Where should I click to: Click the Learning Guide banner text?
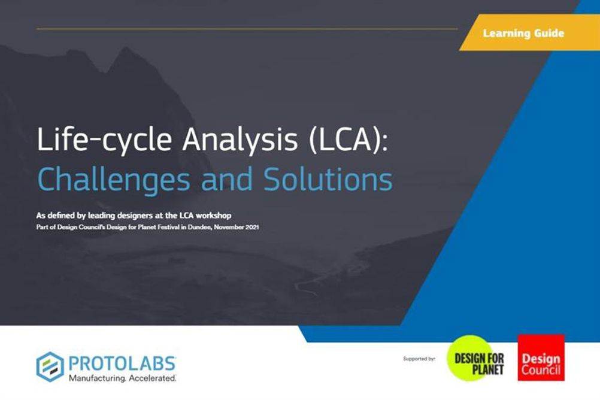click(523, 34)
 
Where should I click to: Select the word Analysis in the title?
click(240, 140)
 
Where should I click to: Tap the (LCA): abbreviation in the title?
click(348, 140)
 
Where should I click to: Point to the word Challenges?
click(114, 180)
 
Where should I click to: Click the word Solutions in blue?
click(328, 179)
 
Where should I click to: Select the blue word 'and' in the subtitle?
click(226, 179)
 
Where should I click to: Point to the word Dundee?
click(200, 227)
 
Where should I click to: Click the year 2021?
click(251, 227)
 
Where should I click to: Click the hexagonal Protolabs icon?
click(50, 366)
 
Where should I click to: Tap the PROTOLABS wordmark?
click(122, 363)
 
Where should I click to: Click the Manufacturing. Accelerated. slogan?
click(122, 378)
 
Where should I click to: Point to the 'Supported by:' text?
click(419, 359)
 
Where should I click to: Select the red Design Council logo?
click(541, 357)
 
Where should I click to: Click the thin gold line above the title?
click(247, 29)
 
